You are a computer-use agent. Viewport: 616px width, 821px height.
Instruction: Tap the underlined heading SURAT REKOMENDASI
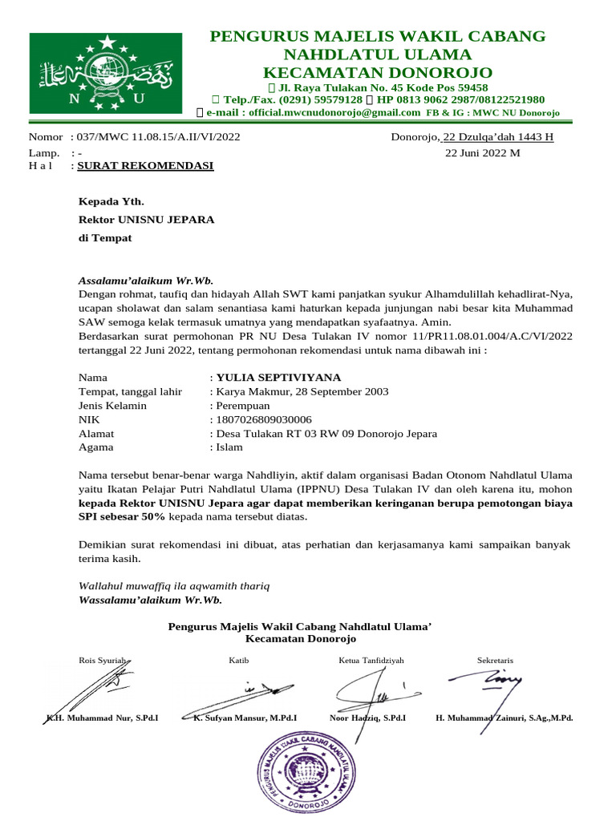click(144, 166)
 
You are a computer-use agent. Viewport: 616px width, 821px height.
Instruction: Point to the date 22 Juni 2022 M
click(482, 152)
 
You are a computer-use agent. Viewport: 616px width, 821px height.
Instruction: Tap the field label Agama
click(95, 447)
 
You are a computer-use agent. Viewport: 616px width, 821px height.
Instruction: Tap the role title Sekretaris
click(495, 660)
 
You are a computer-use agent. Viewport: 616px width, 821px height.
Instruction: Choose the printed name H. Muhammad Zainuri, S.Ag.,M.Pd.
click(504, 718)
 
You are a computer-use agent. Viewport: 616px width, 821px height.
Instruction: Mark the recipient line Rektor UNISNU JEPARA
click(146, 219)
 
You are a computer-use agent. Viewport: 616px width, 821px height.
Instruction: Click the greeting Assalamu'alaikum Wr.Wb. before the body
click(145, 281)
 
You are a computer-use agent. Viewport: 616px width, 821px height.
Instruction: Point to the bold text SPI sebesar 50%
click(122, 518)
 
